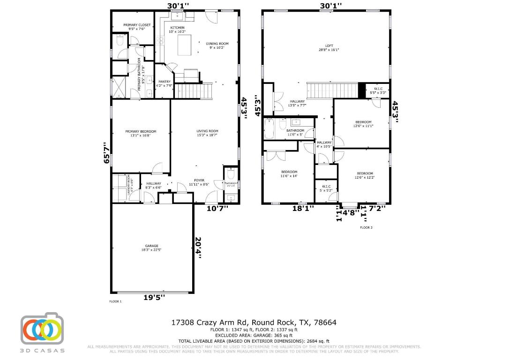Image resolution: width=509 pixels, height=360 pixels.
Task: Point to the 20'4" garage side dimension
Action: tap(198, 247)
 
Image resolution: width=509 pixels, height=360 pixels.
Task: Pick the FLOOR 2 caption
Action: tap(366, 227)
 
